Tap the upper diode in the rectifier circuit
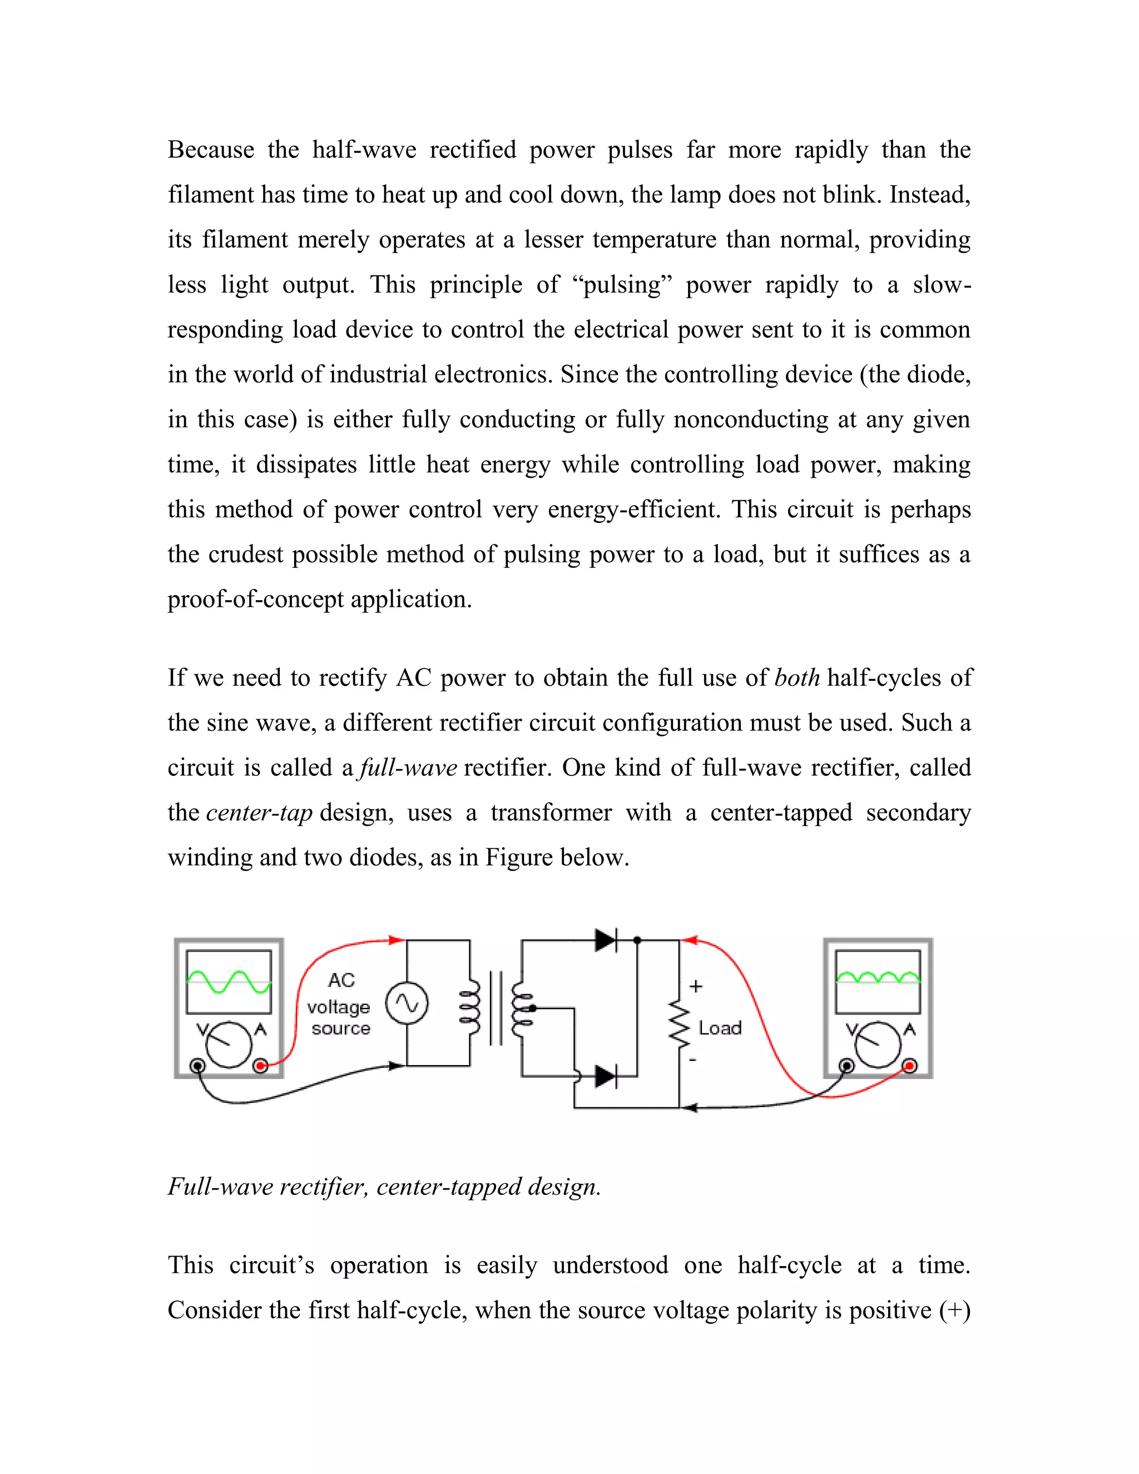point(605,940)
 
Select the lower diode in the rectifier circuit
point(605,1076)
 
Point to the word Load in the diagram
point(720,1028)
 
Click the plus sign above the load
point(696,986)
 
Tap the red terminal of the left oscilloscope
point(260,1066)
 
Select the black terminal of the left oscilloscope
point(197,1066)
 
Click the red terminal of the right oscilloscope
point(909,1066)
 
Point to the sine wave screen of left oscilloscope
point(229,982)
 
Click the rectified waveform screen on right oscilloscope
point(877,982)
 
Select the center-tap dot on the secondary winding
point(532,1008)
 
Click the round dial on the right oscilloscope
point(877,1045)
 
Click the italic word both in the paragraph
point(797,677)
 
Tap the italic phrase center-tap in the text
point(259,813)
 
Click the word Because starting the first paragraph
point(211,150)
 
